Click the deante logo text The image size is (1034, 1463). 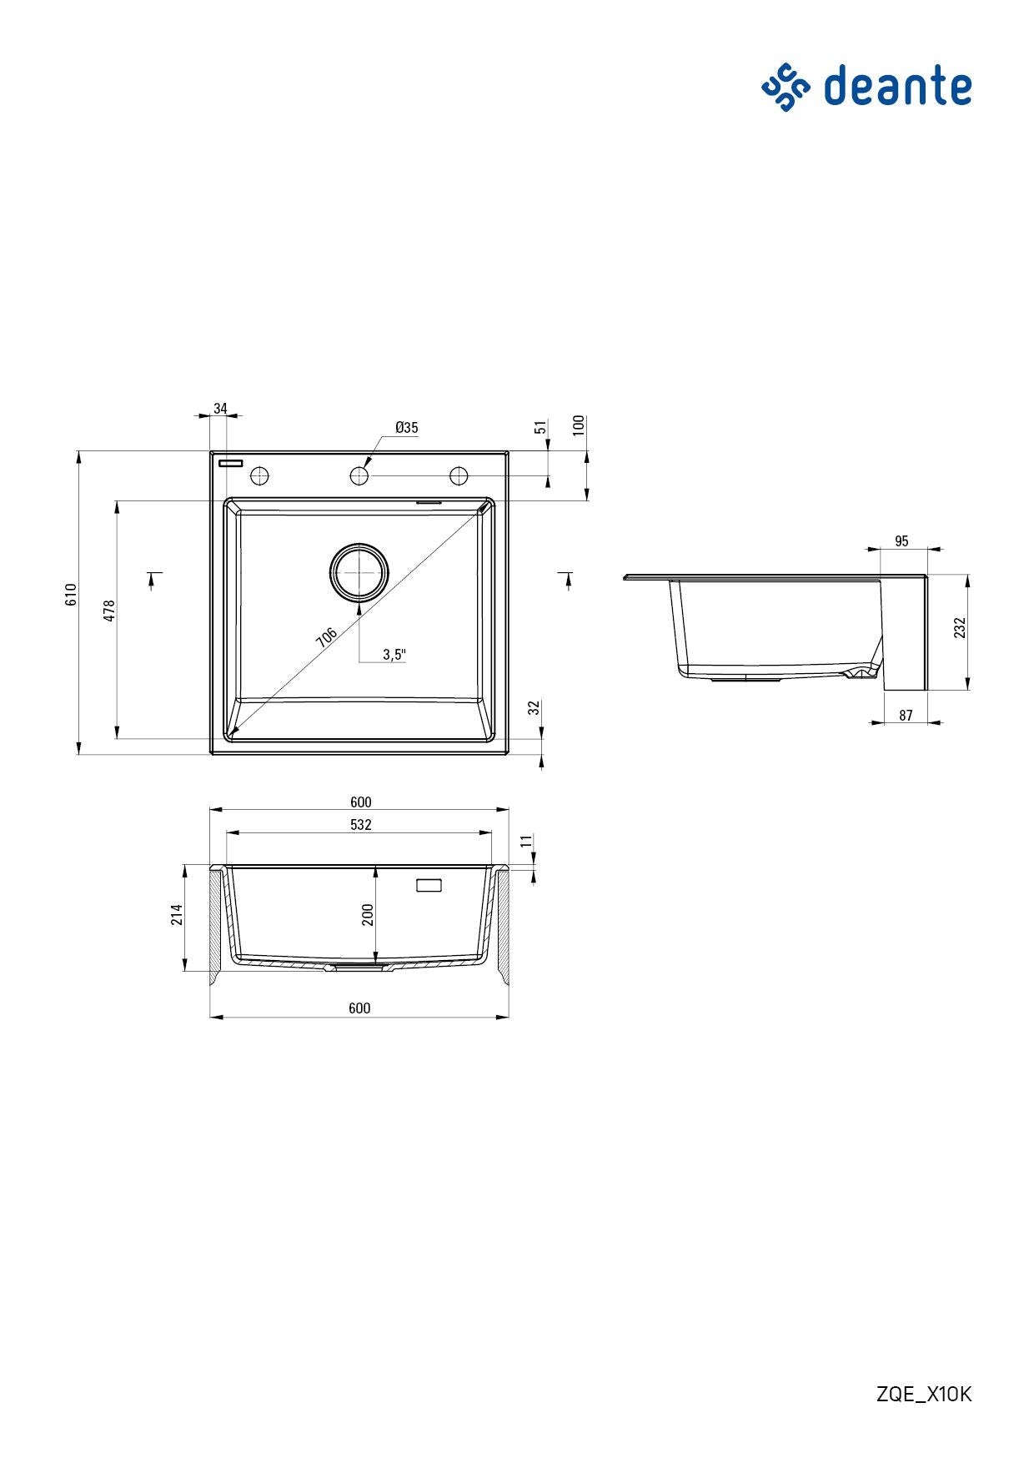coord(897,87)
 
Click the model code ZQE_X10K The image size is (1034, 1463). coord(924,1394)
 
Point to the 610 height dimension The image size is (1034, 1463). coord(72,595)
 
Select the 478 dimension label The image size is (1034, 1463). coord(109,610)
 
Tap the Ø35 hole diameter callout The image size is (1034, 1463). coord(407,428)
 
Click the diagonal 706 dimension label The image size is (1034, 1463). coord(327,637)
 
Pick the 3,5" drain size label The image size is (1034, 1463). coord(394,655)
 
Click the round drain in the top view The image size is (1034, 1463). coord(359,572)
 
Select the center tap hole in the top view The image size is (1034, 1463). coord(359,475)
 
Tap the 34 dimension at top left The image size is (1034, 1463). coord(220,409)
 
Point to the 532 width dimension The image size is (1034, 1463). coord(360,825)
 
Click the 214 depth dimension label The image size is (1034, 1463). coord(177,914)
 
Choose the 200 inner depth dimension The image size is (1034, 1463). coord(368,915)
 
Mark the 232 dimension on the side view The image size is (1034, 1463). coord(960,628)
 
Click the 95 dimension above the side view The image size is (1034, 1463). coord(901,541)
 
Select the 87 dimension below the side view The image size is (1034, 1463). coord(906,716)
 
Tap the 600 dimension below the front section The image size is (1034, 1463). coord(359,1008)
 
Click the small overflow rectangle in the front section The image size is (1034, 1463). coord(429,885)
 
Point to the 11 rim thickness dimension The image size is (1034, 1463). coord(526,842)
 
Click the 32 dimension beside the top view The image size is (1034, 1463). coord(535,709)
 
